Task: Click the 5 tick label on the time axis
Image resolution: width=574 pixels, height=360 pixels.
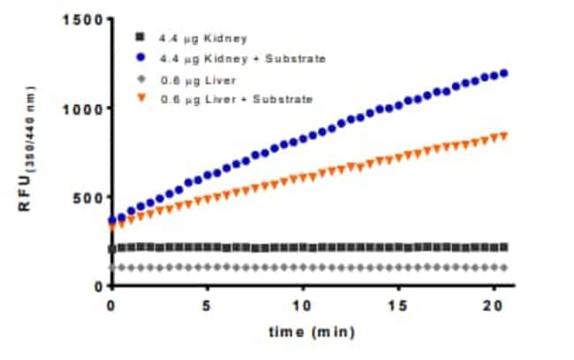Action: (207, 304)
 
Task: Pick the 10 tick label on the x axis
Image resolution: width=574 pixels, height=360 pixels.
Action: (302, 304)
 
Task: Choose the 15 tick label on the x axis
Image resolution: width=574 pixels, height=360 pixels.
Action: (398, 304)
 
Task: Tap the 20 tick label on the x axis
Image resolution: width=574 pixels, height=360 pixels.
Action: (495, 304)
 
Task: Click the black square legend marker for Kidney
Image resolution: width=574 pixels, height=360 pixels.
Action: (140, 37)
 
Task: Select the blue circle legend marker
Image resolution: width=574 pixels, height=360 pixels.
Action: (140, 57)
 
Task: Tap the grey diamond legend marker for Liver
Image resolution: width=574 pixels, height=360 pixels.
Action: (140, 79)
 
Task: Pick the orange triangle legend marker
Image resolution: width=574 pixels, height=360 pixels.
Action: (140, 99)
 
